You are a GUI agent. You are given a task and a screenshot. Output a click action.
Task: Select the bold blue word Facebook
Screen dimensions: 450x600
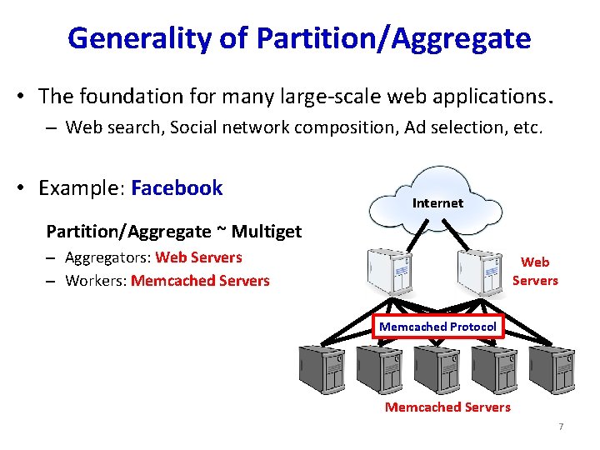coord(177,187)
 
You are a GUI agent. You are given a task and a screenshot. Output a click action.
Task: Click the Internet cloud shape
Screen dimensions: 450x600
coord(437,198)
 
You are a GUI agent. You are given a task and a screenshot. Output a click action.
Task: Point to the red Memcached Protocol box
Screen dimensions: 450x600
coord(437,327)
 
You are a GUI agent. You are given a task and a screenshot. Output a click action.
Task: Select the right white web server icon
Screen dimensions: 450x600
coord(478,267)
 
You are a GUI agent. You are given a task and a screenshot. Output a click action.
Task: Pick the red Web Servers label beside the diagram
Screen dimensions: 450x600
coord(535,272)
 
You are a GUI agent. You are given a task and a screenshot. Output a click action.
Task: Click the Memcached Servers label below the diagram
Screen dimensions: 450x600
coord(447,407)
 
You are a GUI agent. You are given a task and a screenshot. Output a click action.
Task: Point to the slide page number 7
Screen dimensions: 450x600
coord(561,427)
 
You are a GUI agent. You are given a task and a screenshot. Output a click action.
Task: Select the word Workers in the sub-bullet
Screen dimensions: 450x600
coord(95,281)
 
